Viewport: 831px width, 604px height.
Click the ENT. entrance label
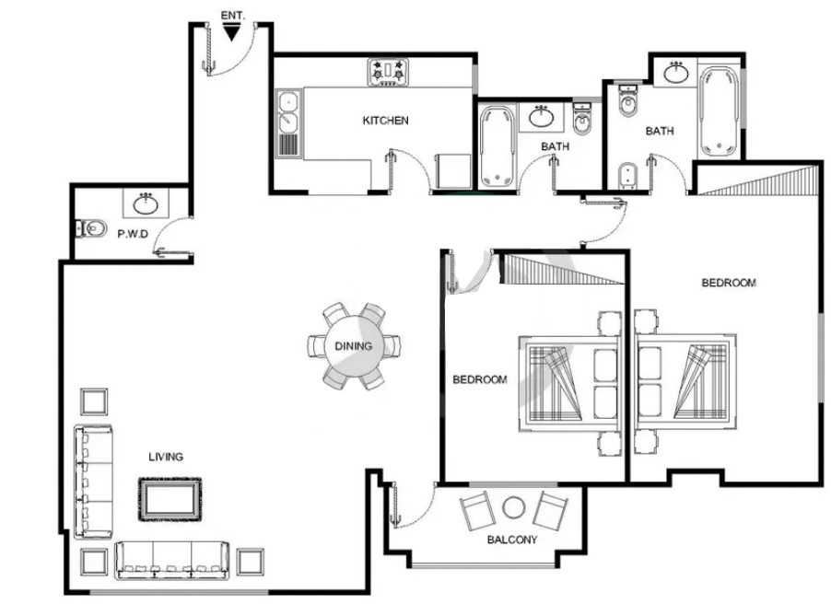[x=233, y=16]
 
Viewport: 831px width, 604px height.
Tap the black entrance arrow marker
[x=231, y=33]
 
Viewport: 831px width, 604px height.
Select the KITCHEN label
[x=385, y=121]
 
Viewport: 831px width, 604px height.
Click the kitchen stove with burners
[x=388, y=72]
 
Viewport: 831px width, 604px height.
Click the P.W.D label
[x=133, y=234]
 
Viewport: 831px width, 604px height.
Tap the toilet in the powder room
[x=90, y=229]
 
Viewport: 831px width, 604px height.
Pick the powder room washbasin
[x=146, y=203]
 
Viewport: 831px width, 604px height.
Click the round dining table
[x=354, y=346]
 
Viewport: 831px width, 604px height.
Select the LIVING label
[x=166, y=457]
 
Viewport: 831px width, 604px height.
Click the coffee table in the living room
[x=170, y=499]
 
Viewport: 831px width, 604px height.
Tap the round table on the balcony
[x=513, y=507]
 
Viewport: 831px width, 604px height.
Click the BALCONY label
[x=512, y=540]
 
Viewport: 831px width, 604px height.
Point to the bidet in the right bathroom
[x=627, y=175]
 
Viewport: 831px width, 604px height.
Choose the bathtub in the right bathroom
[x=720, y=111]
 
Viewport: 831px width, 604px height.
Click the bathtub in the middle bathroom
[x=497, y=146]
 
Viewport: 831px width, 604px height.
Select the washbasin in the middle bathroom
[x=541, y=117]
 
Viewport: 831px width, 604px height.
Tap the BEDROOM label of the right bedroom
[x=729, y=283]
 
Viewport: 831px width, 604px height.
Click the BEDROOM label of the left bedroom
[x=480, y=379]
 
